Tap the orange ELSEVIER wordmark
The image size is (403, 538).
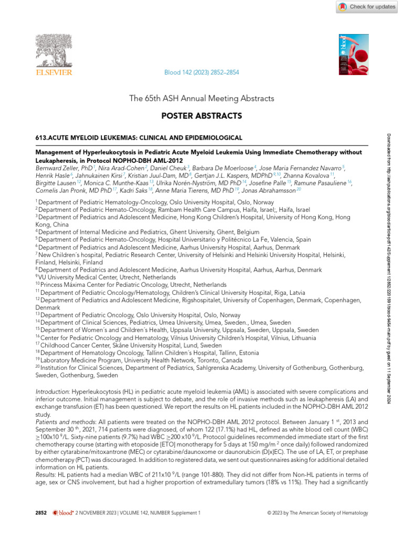coord(53,73)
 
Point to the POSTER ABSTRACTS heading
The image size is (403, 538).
coord(201,115)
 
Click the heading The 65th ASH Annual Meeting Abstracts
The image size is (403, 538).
coord(201,98)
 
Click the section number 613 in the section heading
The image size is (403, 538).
coord(40,138)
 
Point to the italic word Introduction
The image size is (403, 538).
coord(51,392)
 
